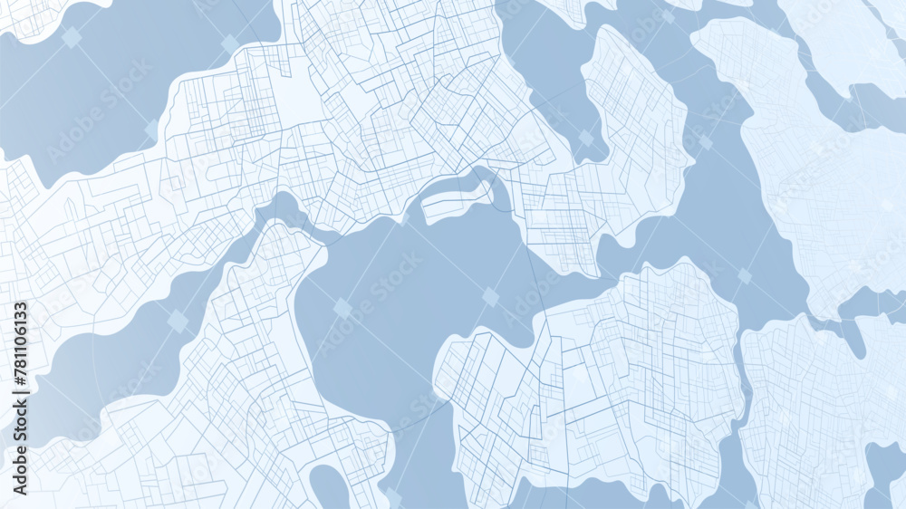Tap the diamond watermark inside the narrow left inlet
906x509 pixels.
(178, 321)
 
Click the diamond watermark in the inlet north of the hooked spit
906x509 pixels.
(586, 138)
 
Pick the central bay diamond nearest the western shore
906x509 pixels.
(342, 308)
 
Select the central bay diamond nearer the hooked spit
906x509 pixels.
(490, 296)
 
